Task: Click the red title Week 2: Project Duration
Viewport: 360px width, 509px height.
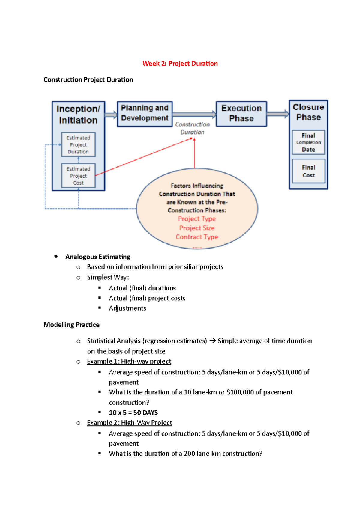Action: tap(180, 64)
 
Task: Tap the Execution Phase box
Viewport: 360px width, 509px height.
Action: tap(241, 114)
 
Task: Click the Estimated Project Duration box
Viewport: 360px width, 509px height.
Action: tap(78, 145)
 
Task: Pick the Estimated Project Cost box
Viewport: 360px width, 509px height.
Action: tap(78, 176)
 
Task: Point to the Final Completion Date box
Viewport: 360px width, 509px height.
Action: tap(308, 142)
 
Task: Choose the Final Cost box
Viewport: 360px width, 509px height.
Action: tap(308, 171)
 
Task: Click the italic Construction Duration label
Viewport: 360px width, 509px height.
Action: tap(192, 128)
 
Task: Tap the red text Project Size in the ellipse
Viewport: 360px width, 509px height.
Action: tap(197, 228)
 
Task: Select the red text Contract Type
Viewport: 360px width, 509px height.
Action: tap(197, 237)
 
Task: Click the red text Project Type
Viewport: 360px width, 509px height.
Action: tap(197, 219)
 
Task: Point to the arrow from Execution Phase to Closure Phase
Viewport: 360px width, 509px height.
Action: tap(277, 114)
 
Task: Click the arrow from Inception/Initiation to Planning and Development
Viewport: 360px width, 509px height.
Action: tap(111, 115)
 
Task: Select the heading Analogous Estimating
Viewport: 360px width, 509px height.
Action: tap(98, 257)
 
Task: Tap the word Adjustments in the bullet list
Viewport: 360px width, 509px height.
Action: tap(127, 308)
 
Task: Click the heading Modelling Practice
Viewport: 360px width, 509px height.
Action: tap(71, 325)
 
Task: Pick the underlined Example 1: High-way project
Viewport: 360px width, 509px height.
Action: tap(129, 362)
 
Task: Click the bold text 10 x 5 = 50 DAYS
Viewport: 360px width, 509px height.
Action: tap(133, 413)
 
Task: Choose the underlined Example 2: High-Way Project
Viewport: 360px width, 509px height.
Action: tap(130, 423)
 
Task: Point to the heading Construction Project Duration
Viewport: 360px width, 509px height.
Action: tap(88, 80)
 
